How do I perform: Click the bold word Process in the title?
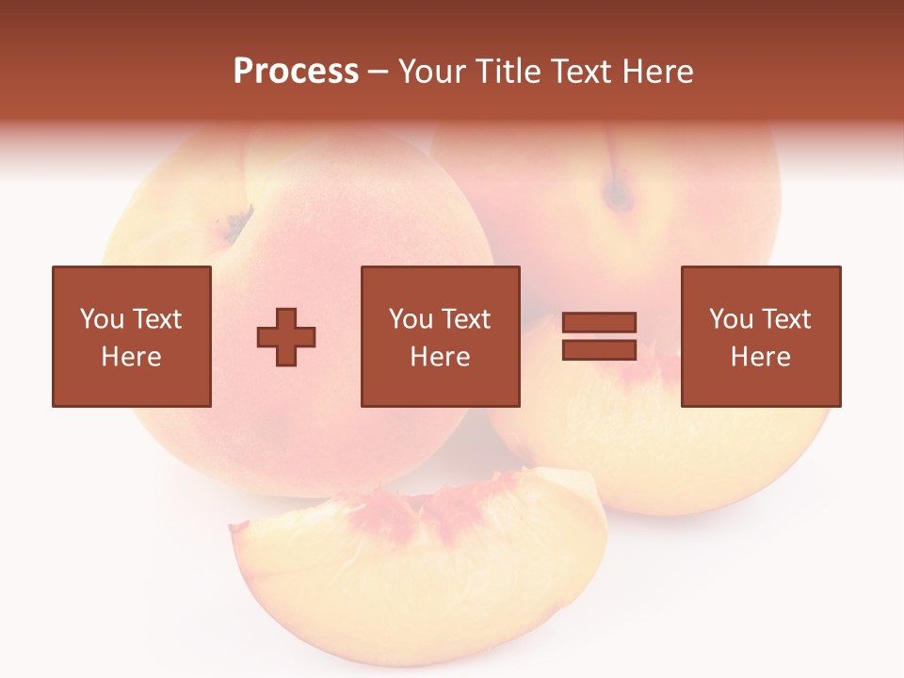pyautogui.click(x=296, y=72)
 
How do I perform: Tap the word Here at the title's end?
pyautogui.click(x=657, y=72)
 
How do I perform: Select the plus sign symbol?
pyautogui.click(x=286, y=337)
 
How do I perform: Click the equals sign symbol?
pyautogui.click(x=599, y=336)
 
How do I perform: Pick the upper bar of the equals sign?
pyautogui.click(x=599, y=323)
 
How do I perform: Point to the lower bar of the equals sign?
pyautogui.click(x=599, y=349)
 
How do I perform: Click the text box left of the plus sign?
pyautogui.click(x=131, y=336)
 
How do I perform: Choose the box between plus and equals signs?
pyautogui.click(x=440, y=336)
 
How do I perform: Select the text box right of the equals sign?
pyautogui.click(x=760, y=336)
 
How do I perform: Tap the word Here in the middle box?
pyautogui.click(x=440, y=357)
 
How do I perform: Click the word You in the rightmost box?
pyautogui.click(x=731, y=319)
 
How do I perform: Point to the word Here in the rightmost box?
pyautogui.click(x=760, y=357)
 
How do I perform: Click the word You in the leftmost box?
pyautogui.click(x=102, y=319)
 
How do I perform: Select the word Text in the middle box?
pyautogui.click(x=465, y=319)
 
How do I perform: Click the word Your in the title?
pyautogui.click(x=432, y=72)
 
